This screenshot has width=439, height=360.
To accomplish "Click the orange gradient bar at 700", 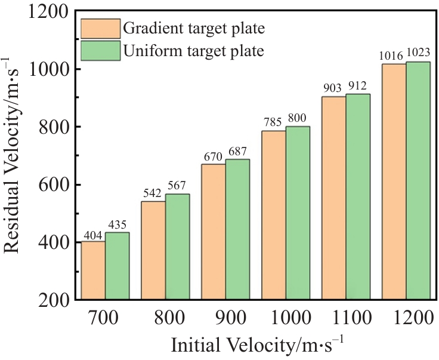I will [x=93, y=270].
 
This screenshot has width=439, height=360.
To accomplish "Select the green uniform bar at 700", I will [x=118, y=266].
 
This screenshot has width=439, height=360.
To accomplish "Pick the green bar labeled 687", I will [x=237, y=229].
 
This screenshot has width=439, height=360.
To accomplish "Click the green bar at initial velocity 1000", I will [x=298, y=213].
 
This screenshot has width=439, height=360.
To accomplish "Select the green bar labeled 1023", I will [x=418, y=180].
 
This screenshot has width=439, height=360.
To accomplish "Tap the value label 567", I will [x=178, y=187].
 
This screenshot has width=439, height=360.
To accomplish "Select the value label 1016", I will [x=392, y=56].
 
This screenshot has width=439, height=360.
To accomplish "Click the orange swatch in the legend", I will [x=100, y=28].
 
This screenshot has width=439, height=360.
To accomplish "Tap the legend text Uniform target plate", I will [x=193, y=51].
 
